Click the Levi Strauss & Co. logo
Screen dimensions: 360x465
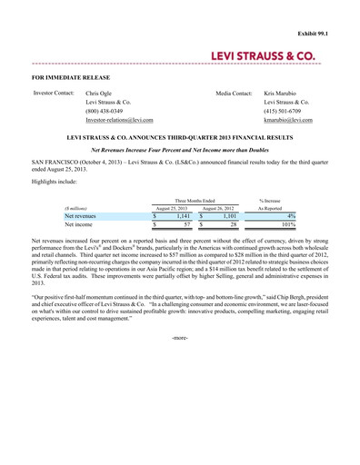point(264,56)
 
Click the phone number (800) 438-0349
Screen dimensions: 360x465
point(104,111)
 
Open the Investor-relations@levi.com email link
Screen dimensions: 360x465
point(119,120)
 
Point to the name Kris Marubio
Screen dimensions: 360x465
point(282,94)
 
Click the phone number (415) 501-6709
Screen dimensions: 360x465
point(281,111)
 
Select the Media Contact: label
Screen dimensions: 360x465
point(234,94)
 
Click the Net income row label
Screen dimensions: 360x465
point(79,224)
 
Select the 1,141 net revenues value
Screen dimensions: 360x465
point(183,216)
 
